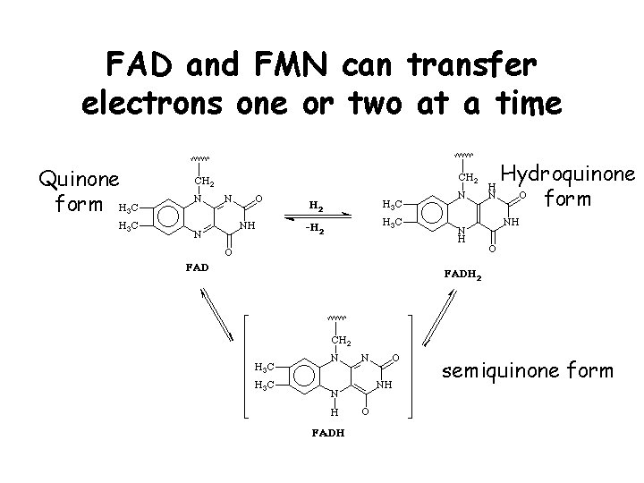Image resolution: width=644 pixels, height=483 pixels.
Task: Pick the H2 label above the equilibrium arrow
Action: tap(317, 206)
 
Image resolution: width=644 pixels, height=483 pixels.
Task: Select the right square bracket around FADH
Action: tap(409, 367)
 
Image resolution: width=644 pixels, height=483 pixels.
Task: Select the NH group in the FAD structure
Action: tap(248, 225)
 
